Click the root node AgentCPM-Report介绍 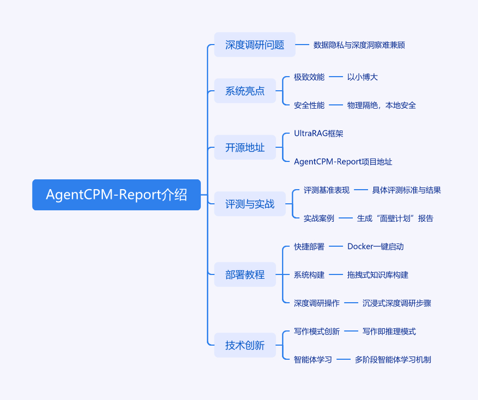(x=117, y=195)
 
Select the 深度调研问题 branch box (x=255, y=45)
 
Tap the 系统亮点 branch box (x=245, y=91)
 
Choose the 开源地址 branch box (x=245, y=147)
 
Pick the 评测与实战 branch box (x=250, y=204)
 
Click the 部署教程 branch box (x=245, y=275)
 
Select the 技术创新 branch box (x=245, y=345)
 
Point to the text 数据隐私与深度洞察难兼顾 (x=359, y=45)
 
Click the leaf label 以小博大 (x=363, y=77)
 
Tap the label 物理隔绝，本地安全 (x=382, y=105)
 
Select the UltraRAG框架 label (x=318, y=133)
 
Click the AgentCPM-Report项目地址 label (x=343, y=161)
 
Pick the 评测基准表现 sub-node (x=327, y=190)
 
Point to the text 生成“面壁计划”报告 (x=395, y=218)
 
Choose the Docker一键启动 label (x=376, y=247)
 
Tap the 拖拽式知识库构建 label (x=378, y=275)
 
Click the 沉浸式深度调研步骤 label (x=397, y=303)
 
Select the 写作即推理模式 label (x=389, y=331)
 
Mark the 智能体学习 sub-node (x=313, y=359)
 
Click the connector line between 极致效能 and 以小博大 (x=336, y=77)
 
